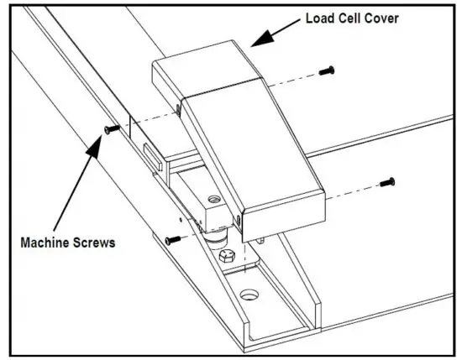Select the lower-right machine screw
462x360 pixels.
point(387,180)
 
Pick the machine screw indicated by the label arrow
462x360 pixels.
point(109,128)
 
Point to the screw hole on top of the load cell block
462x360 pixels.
point(213,200)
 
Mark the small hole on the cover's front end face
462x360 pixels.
point(239,220)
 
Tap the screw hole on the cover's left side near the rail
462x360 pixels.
point(179,108)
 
